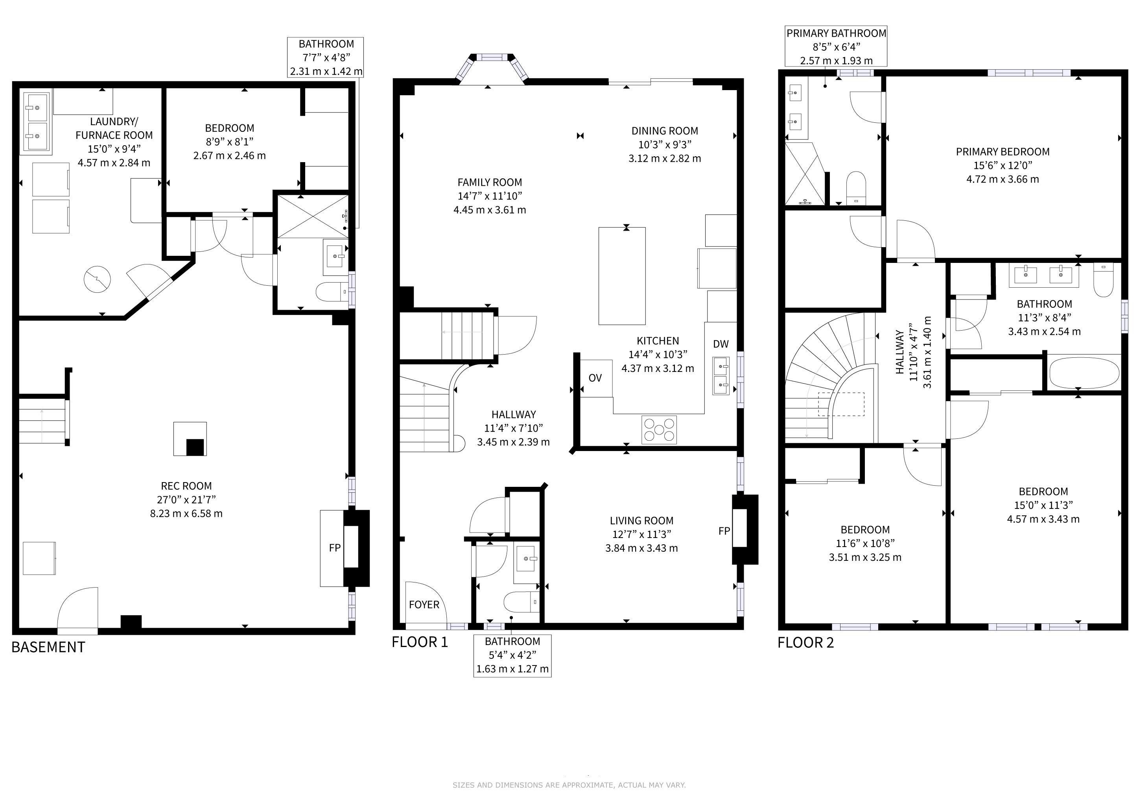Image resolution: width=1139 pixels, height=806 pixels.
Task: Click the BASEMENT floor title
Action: coord(48,647)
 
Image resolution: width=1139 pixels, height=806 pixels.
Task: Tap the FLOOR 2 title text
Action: coord(805,643)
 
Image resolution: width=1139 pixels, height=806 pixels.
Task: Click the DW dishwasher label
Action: coord(721,344)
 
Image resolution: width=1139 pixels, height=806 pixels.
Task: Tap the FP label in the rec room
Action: coord(335,547)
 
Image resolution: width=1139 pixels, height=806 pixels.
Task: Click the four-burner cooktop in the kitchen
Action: coord(659,430)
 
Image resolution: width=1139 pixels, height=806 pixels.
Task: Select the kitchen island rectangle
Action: coord(622,276)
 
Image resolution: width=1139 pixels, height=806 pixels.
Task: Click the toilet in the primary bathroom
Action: coord(856,188)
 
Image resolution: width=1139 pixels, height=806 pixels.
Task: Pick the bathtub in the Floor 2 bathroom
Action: coord(1084,373)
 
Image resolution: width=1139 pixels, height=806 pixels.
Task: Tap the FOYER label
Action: coord(424,604)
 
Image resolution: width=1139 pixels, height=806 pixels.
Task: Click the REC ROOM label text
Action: coord(186,486)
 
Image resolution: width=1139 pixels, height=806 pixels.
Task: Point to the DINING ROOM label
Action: coord(665,131)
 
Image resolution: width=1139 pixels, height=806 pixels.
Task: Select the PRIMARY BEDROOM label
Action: coord(1003,152)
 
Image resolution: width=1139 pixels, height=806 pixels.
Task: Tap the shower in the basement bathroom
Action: coord(313,217)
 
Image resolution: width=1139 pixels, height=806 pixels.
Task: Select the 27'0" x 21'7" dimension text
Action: coord(186,500)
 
